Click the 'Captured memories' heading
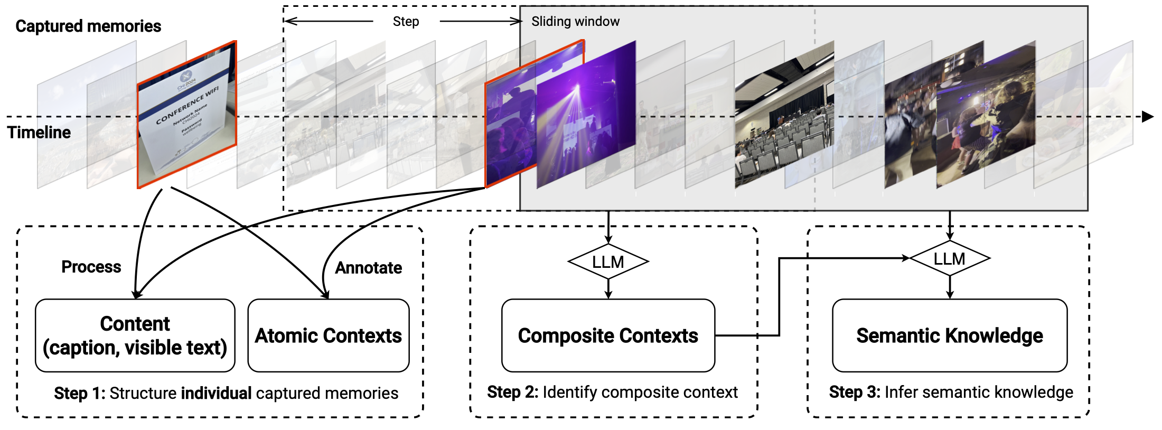88,26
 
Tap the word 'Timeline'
39,132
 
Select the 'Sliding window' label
575,21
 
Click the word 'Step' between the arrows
406,22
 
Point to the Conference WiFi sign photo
186,114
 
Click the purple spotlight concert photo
586,114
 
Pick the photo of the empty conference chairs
784,119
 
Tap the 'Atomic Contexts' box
328,335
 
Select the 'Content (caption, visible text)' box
135,335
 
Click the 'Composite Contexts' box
608,335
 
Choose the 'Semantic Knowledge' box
949,335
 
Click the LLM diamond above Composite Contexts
608,261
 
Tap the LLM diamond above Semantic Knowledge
949,258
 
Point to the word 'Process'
91,267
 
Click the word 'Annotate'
369,268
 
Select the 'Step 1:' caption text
79,394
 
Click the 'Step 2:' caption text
512,392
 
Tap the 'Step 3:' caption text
854,392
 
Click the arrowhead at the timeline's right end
1147,117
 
